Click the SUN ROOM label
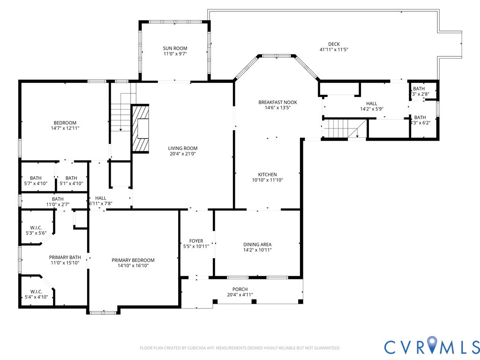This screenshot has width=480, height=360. pos(175,48)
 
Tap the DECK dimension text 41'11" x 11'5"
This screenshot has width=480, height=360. pos(334,50)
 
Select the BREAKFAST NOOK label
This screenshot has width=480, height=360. pos(277,102)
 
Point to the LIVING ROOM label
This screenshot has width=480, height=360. pos(182,148)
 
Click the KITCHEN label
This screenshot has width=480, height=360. pos(267,174)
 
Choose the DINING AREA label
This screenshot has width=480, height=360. pos(257,244)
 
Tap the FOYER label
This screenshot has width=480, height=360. pos(196,241)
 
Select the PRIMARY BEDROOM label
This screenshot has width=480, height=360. pos(133,260)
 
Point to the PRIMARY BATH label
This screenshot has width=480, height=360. pos(65,257)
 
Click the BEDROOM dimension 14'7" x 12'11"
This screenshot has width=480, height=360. pos(65,128)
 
